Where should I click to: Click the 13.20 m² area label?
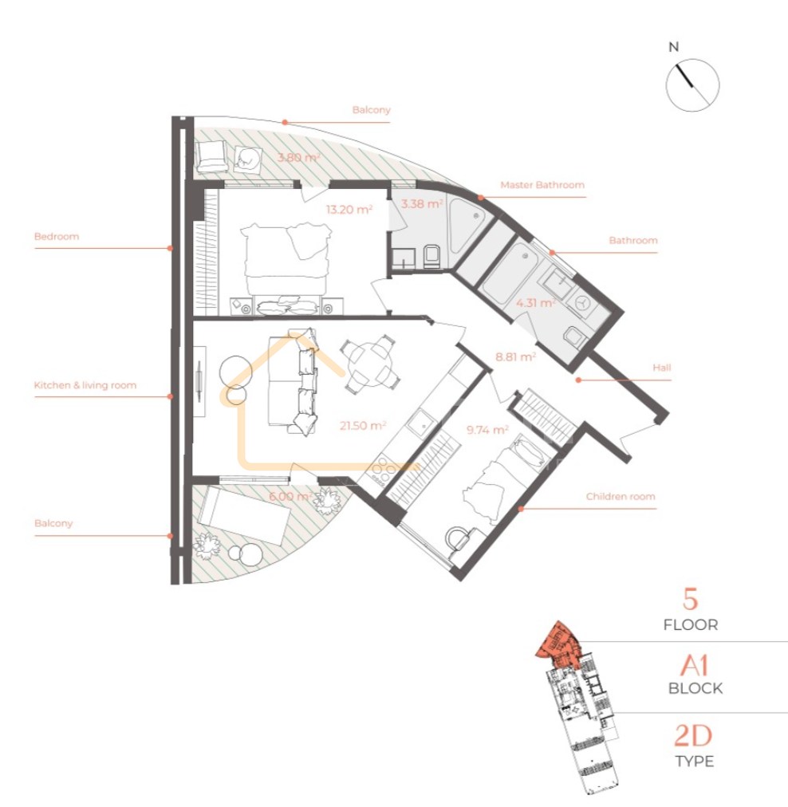[x=349, y=210]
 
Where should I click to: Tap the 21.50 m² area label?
[x=363, y=426]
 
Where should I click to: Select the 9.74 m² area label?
[x=487, y=429]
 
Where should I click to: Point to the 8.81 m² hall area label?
[x=515, y=356]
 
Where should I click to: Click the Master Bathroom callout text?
[x=542, y=185]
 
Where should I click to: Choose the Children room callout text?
[x=621, y=497]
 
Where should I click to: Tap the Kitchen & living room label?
[x=85, y=385]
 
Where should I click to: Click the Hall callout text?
[x=662, y=368]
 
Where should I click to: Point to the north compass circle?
[x=693, y=85]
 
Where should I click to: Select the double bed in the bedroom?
[x=286, y=268]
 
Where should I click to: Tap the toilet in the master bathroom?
[x=431, y=257]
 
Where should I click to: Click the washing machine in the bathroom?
[x=583, y=304]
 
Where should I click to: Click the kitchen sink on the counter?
[x=424, y=424]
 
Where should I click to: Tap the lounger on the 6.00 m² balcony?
[x=244, y=514]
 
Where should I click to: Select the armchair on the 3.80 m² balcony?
[x=212, y=155]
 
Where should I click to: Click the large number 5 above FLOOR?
[x=690, y=599]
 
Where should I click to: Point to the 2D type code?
[x=693, y=735]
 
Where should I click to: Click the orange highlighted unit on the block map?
[x=557, y=641]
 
